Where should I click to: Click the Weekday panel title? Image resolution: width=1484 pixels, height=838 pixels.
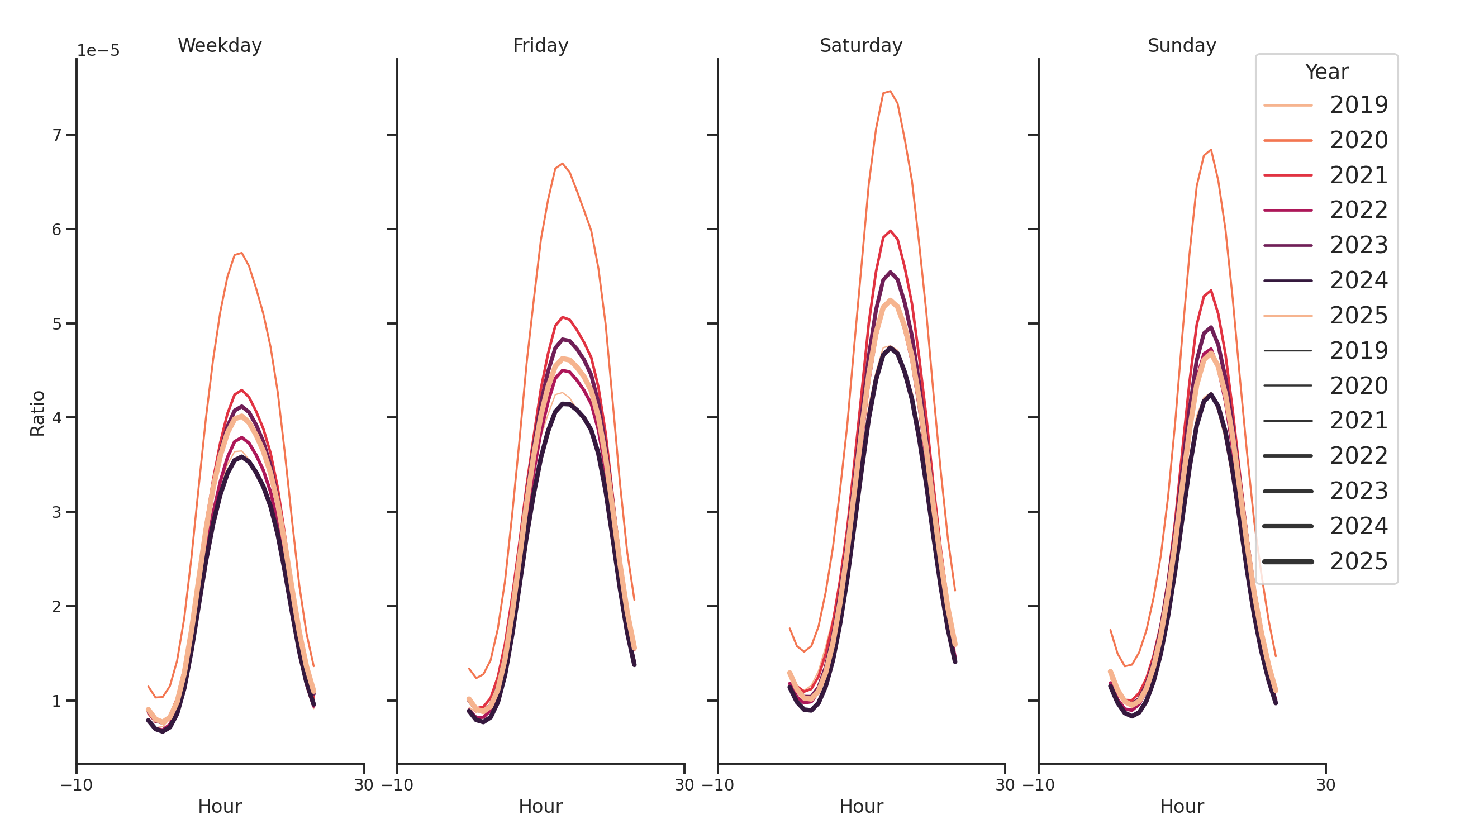click(220, 45)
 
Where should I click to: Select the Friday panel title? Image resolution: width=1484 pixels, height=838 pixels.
click(540, 45)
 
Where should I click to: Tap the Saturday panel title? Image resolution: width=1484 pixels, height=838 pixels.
click(860, 45)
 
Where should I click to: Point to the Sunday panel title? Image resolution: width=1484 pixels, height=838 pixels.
click(1182, 45)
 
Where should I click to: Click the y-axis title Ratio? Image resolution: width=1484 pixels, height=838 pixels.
click(37, 413)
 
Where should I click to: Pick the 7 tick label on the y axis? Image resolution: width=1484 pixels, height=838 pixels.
click(56, 135)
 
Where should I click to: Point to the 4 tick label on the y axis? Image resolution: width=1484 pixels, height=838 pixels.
click(56, 417)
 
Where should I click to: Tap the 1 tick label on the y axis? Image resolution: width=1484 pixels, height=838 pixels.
click(56, 701)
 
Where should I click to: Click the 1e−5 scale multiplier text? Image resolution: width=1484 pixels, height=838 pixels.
click(98, 51)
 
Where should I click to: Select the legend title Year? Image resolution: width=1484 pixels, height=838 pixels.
click(1326, 72)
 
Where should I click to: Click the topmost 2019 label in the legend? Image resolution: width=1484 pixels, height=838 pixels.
click(1358, 105)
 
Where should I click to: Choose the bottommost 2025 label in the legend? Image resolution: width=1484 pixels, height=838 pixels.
click(1358, 561)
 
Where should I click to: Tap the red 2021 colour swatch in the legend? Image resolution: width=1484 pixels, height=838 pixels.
click(1287, 175)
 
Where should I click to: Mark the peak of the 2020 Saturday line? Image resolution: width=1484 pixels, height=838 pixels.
click(890, 91)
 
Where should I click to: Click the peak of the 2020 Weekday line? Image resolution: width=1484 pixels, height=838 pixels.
click(242, 253)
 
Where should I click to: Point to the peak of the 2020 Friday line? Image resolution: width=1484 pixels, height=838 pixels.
click(562, 164)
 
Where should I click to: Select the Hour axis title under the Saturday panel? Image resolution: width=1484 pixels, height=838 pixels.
click(860, 806)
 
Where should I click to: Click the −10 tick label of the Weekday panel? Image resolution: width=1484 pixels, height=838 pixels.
click(76, 785)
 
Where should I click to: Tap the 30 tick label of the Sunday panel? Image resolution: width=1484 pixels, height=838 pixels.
click(1325, 785)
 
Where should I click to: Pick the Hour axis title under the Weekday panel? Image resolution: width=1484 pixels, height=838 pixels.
click(220, 806)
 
